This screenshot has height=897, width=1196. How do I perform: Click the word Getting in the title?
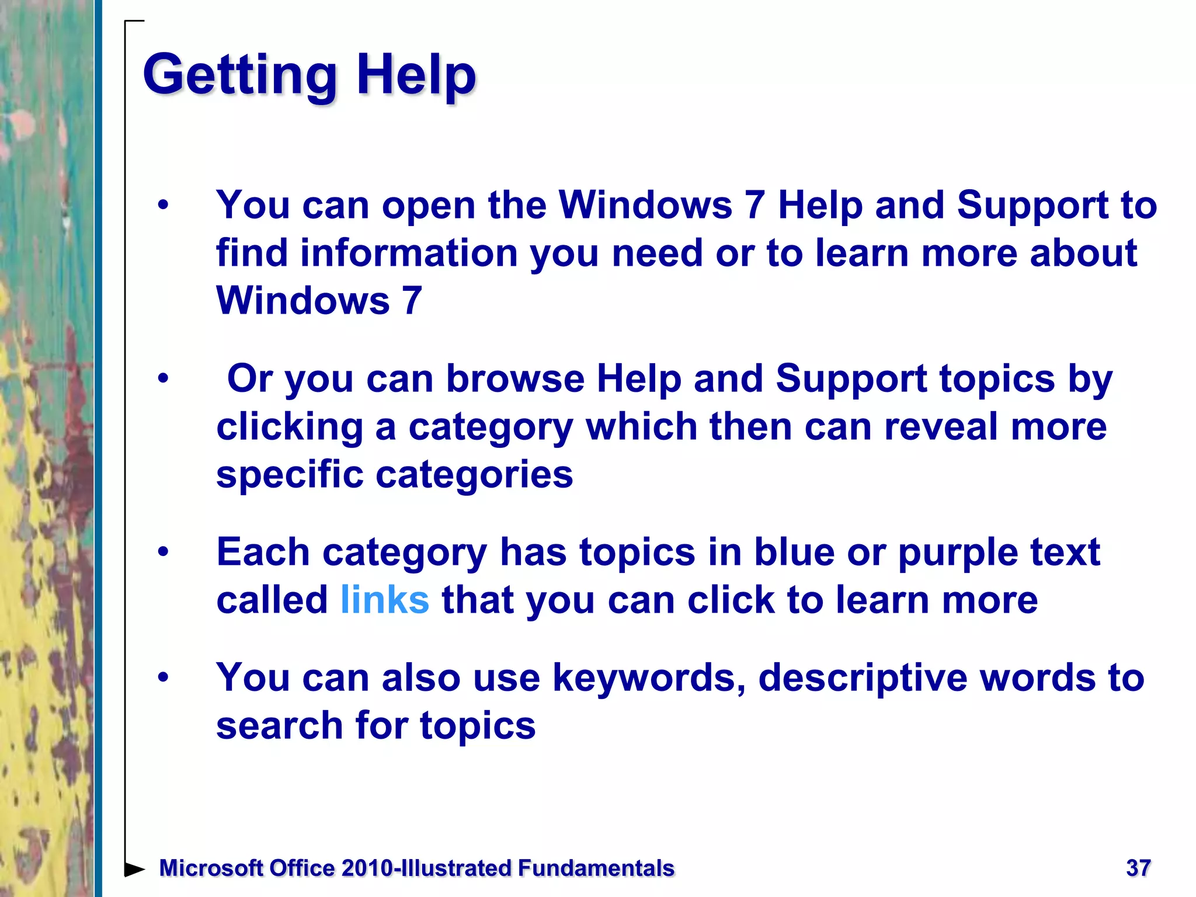pyautogui.click(x=239, y=76)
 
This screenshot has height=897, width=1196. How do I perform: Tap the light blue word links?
pyautogui.click(x=384, y=600)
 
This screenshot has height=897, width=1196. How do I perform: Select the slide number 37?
pyautogui.click(x=1138, y=868)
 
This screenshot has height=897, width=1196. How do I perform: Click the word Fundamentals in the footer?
pyautogui.click(x=596, y=868)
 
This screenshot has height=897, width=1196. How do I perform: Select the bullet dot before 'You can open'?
pyautogui.click(x=163, y=206)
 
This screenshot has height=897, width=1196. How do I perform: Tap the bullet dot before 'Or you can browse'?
pyautogui.click(x=163, y=379)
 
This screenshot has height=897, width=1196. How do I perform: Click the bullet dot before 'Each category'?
pyautogui.click(x=163, y=552)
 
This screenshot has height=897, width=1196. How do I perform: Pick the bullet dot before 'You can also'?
pyautogui.click(x=163, y=677)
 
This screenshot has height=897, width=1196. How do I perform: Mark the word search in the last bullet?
pyautogui.click(x=279, y=726)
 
